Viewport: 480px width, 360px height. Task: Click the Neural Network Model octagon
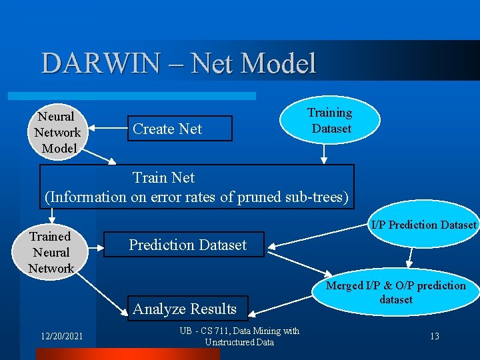(x=57, y=132)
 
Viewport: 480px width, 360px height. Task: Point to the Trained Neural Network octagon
(x=51, y=252)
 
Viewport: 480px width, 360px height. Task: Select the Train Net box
(x=196, y=187)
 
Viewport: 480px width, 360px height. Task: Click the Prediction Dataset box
(x=187, y=245)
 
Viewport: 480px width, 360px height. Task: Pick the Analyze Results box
(x=185, y=309)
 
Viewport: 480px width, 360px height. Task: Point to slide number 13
(x=434, y=337)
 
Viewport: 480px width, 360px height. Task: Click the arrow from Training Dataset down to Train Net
(x=325, y=153)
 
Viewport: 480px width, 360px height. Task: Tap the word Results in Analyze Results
(x=212, y=309)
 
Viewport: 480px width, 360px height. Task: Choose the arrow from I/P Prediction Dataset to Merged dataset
(x=417, y=257)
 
